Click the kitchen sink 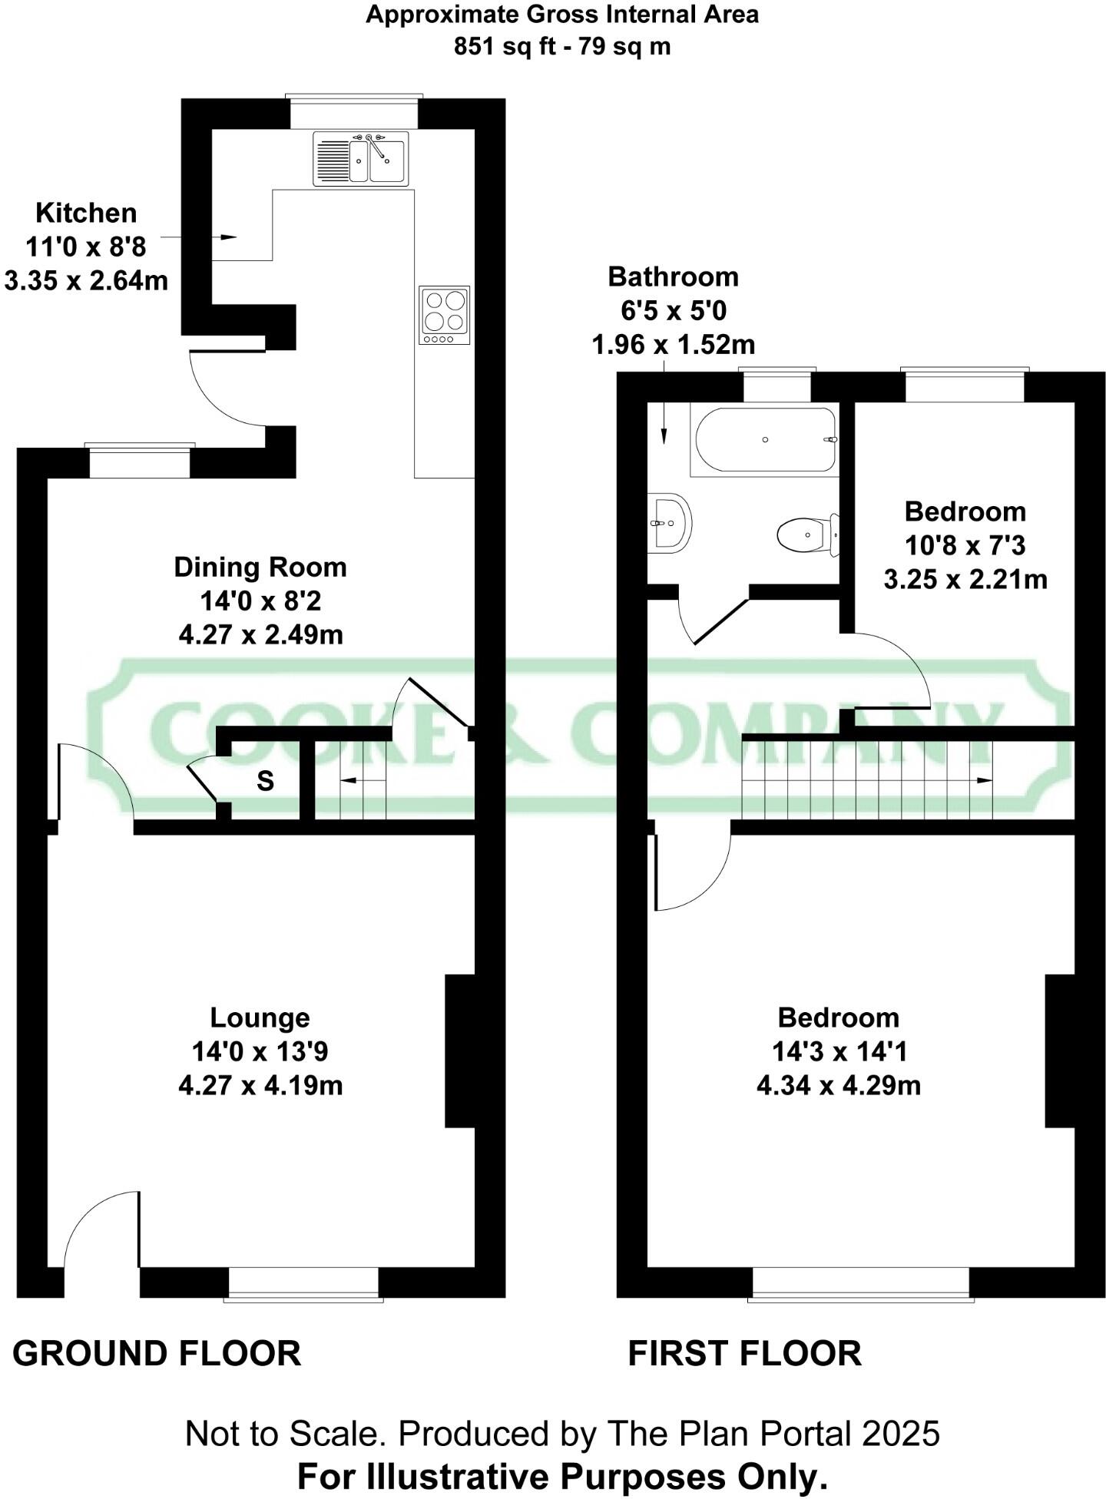point(361,158)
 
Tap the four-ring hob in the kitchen point(444,315)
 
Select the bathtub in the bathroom point(765,440)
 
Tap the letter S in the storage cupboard point(265,782)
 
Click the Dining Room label point(260,568)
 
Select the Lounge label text point(260,1018)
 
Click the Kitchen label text point(86,213)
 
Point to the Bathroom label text point(673,276)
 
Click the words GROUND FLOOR point(157,1353)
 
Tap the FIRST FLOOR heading point(744,1353)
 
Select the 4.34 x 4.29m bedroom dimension point(838,1086)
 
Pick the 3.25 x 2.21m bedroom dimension point(965,579)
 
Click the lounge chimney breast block point(459,1051)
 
